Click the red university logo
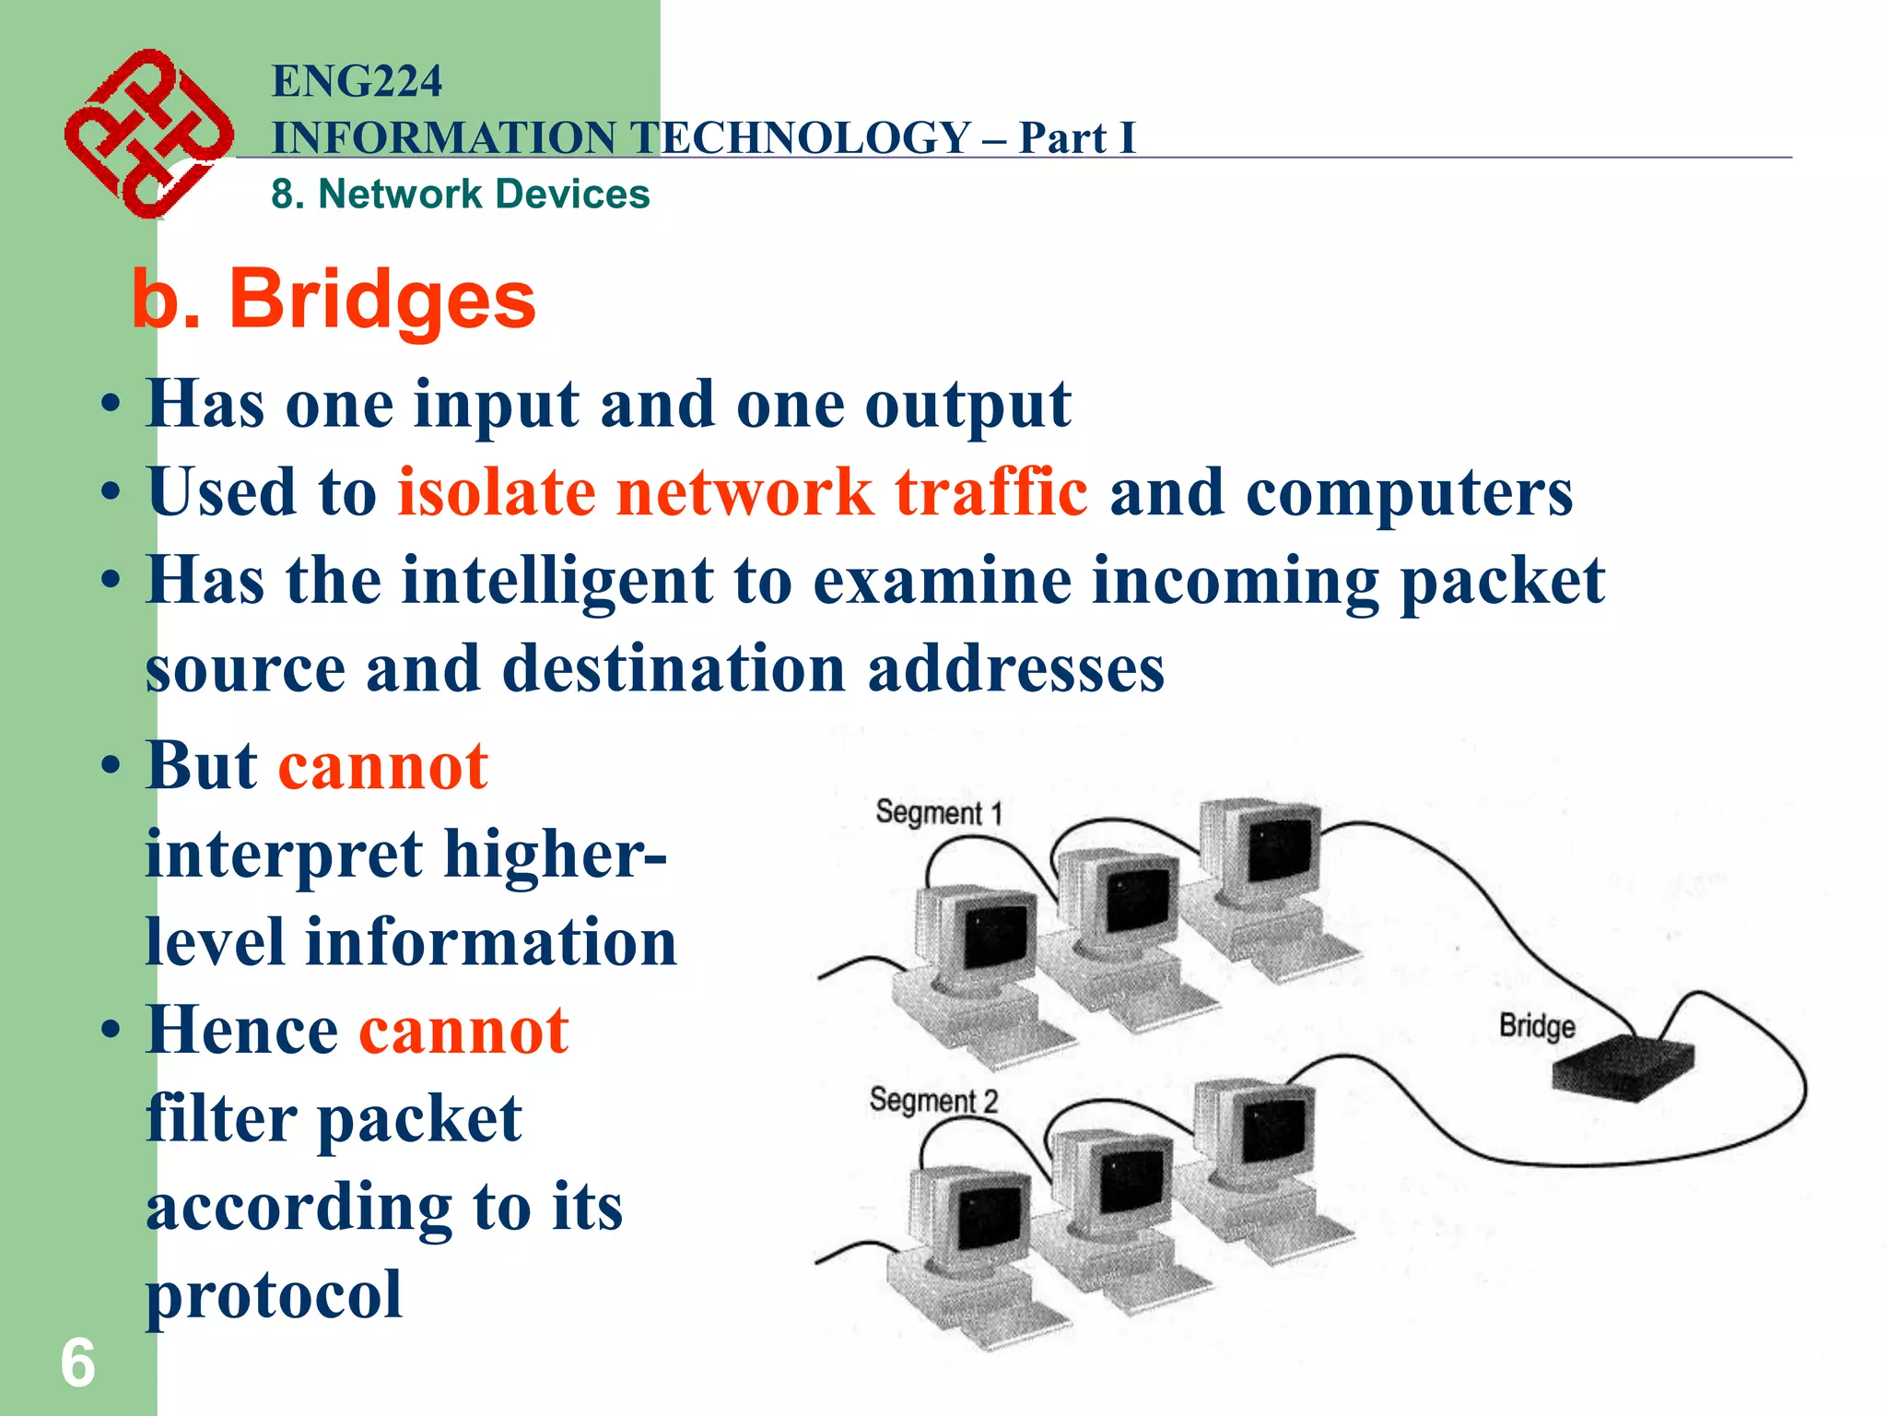point(147,134)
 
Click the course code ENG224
point(357,81)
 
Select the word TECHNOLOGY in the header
point(803,138)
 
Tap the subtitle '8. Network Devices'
point(461,195)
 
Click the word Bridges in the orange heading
point(381,301)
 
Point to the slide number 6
point(77,1364)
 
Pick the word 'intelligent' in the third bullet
point(557,581)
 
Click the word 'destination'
point(674,668)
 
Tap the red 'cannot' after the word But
point(382,766)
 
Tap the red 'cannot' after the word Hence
point(463,1031)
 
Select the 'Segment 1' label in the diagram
point(938,813)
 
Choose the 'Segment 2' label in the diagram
point(933,1101)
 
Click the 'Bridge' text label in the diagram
point(1537,1026)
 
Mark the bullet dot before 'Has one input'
point(111,407)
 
